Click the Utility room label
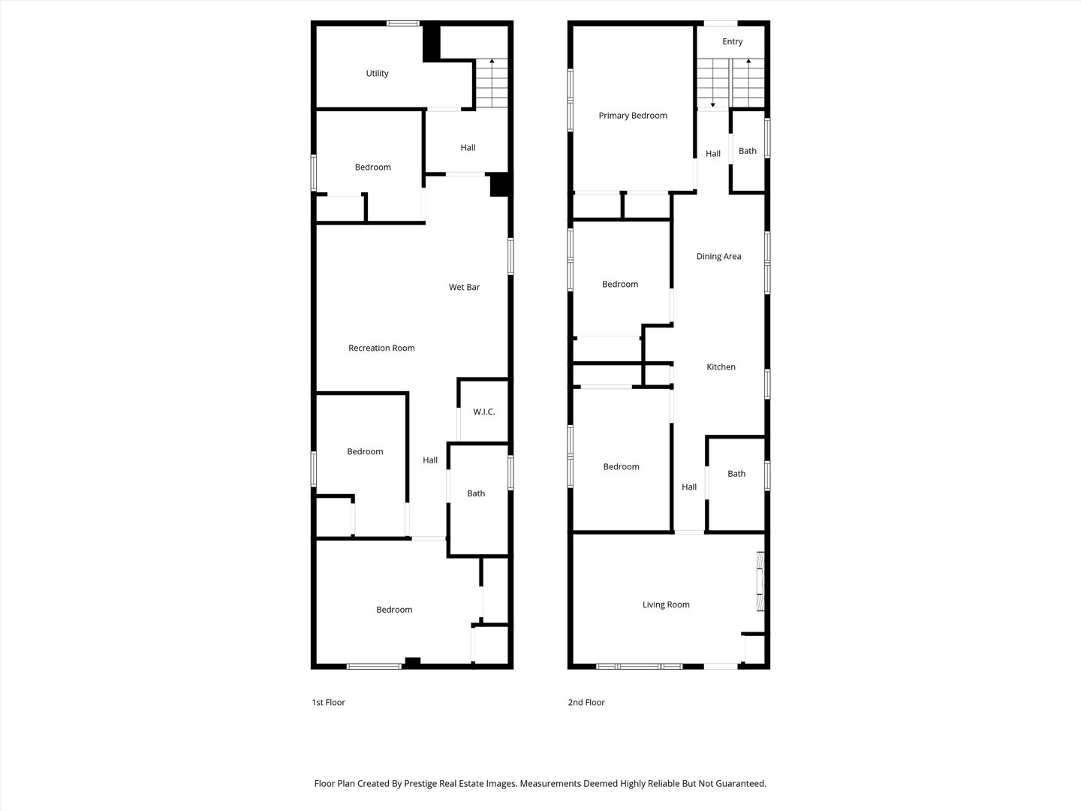tap(377, 74)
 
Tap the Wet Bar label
tap(464, 287)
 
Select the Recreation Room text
tap(381, 348)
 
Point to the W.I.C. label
tap(483, 412)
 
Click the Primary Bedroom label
tap(633, 116)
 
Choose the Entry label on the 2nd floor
tap(732, 41)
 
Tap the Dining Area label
tap(718, 256)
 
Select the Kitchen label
tap(721, 366)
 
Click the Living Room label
tap(666, 604)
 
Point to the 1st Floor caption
tap(328, 702)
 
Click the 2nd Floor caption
tap(586, 702)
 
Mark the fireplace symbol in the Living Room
tap(760, 581)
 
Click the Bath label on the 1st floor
tap(476, 493)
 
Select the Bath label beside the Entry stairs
tap(748, 151)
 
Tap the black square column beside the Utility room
tap(432, 44)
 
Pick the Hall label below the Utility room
tap(468, 148)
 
